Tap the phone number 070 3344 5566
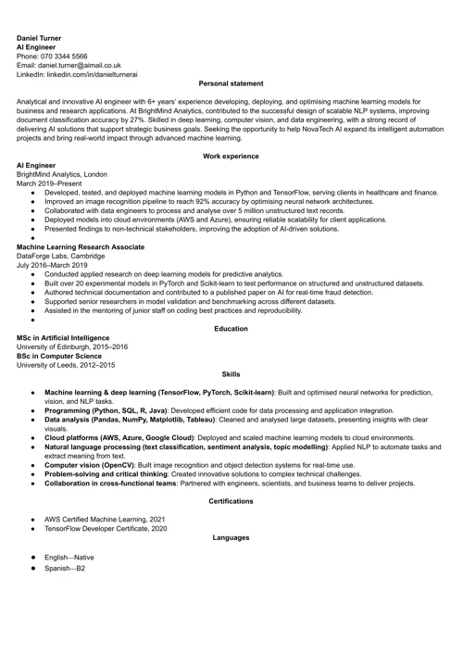pos(69,56)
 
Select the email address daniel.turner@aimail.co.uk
pos(80,65)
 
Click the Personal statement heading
pos(231,84)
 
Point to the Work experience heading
pos(231,157)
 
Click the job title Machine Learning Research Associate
pos(81,247)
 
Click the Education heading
pos(231,329)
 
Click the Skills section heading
pos(231,374)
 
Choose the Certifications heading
pos(231,501)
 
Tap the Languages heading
pos(231,538)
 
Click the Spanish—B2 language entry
pos(65,568)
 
